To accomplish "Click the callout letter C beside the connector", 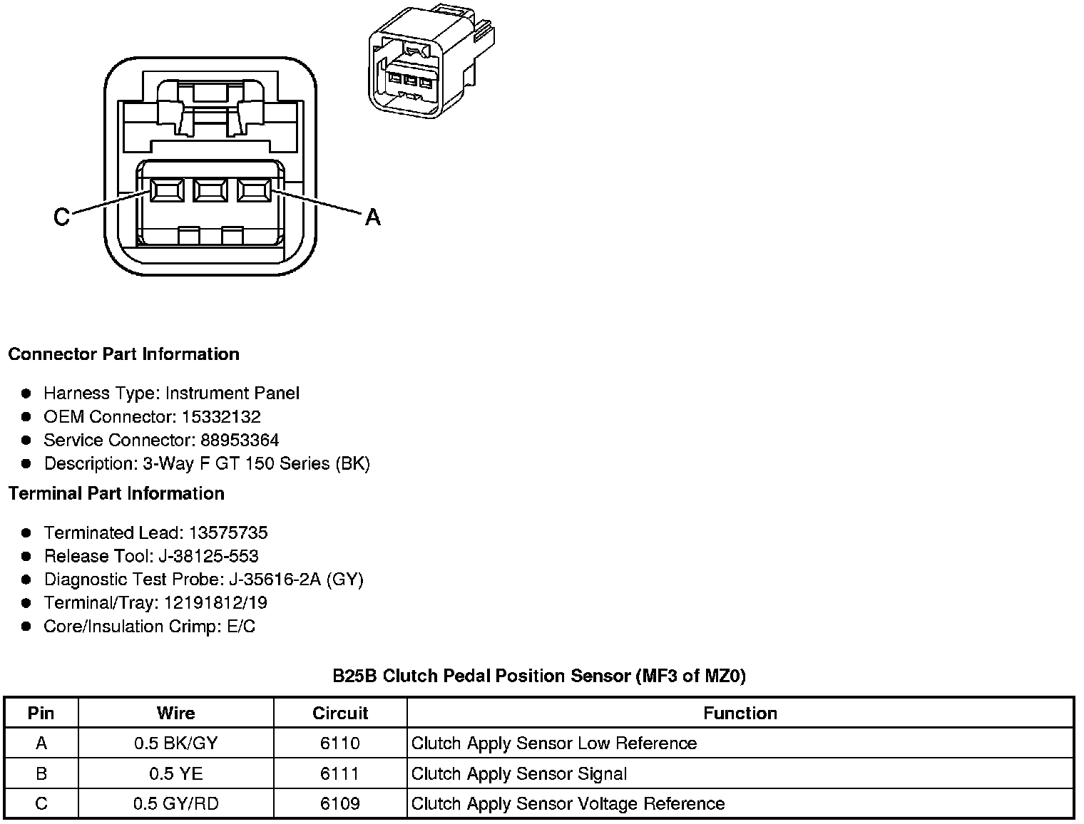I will coord(62,217).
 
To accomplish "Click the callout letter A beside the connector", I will coord(372,217).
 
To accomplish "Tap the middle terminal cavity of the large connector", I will coord(210,190).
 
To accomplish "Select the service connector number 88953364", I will coord(240,441).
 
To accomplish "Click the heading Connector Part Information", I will coord(124,354).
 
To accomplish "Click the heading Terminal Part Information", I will coord(116,493).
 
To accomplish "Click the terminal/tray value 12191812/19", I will coord(215,603).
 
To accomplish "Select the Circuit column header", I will coord(340,714).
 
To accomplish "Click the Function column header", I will coord(740,714).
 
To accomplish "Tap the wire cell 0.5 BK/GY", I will coord(175,743).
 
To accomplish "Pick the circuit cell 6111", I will coord(340,773).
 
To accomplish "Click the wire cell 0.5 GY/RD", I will coord(175,804).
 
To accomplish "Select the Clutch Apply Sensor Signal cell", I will coord(519,773).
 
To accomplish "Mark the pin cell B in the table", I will coord(41,773).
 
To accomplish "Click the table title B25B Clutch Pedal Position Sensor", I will coord(539,676).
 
